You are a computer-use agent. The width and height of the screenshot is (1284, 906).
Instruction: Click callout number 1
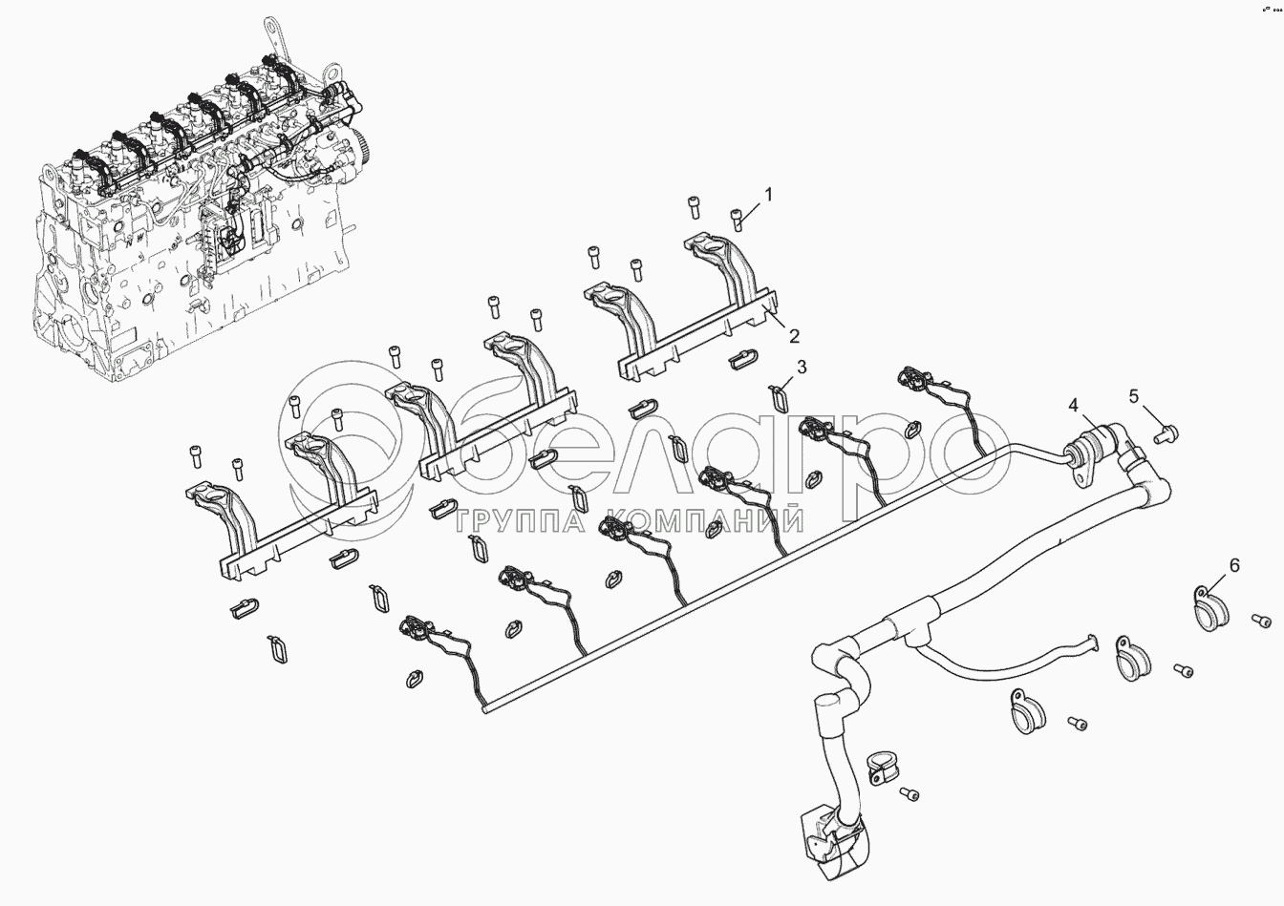(769, 195)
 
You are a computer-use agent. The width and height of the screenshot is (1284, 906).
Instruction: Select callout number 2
(793, 336)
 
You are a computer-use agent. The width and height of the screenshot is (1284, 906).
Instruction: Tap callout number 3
(802, 368)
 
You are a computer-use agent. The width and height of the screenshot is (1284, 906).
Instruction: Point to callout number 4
(1073, 406)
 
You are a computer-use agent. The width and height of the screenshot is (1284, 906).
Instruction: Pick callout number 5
(1134, 396)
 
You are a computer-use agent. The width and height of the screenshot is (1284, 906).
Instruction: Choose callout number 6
(1233, 566)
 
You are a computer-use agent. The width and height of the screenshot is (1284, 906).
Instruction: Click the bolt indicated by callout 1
(737, 220)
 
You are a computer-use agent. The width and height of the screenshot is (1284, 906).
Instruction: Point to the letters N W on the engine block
(137, 242)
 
